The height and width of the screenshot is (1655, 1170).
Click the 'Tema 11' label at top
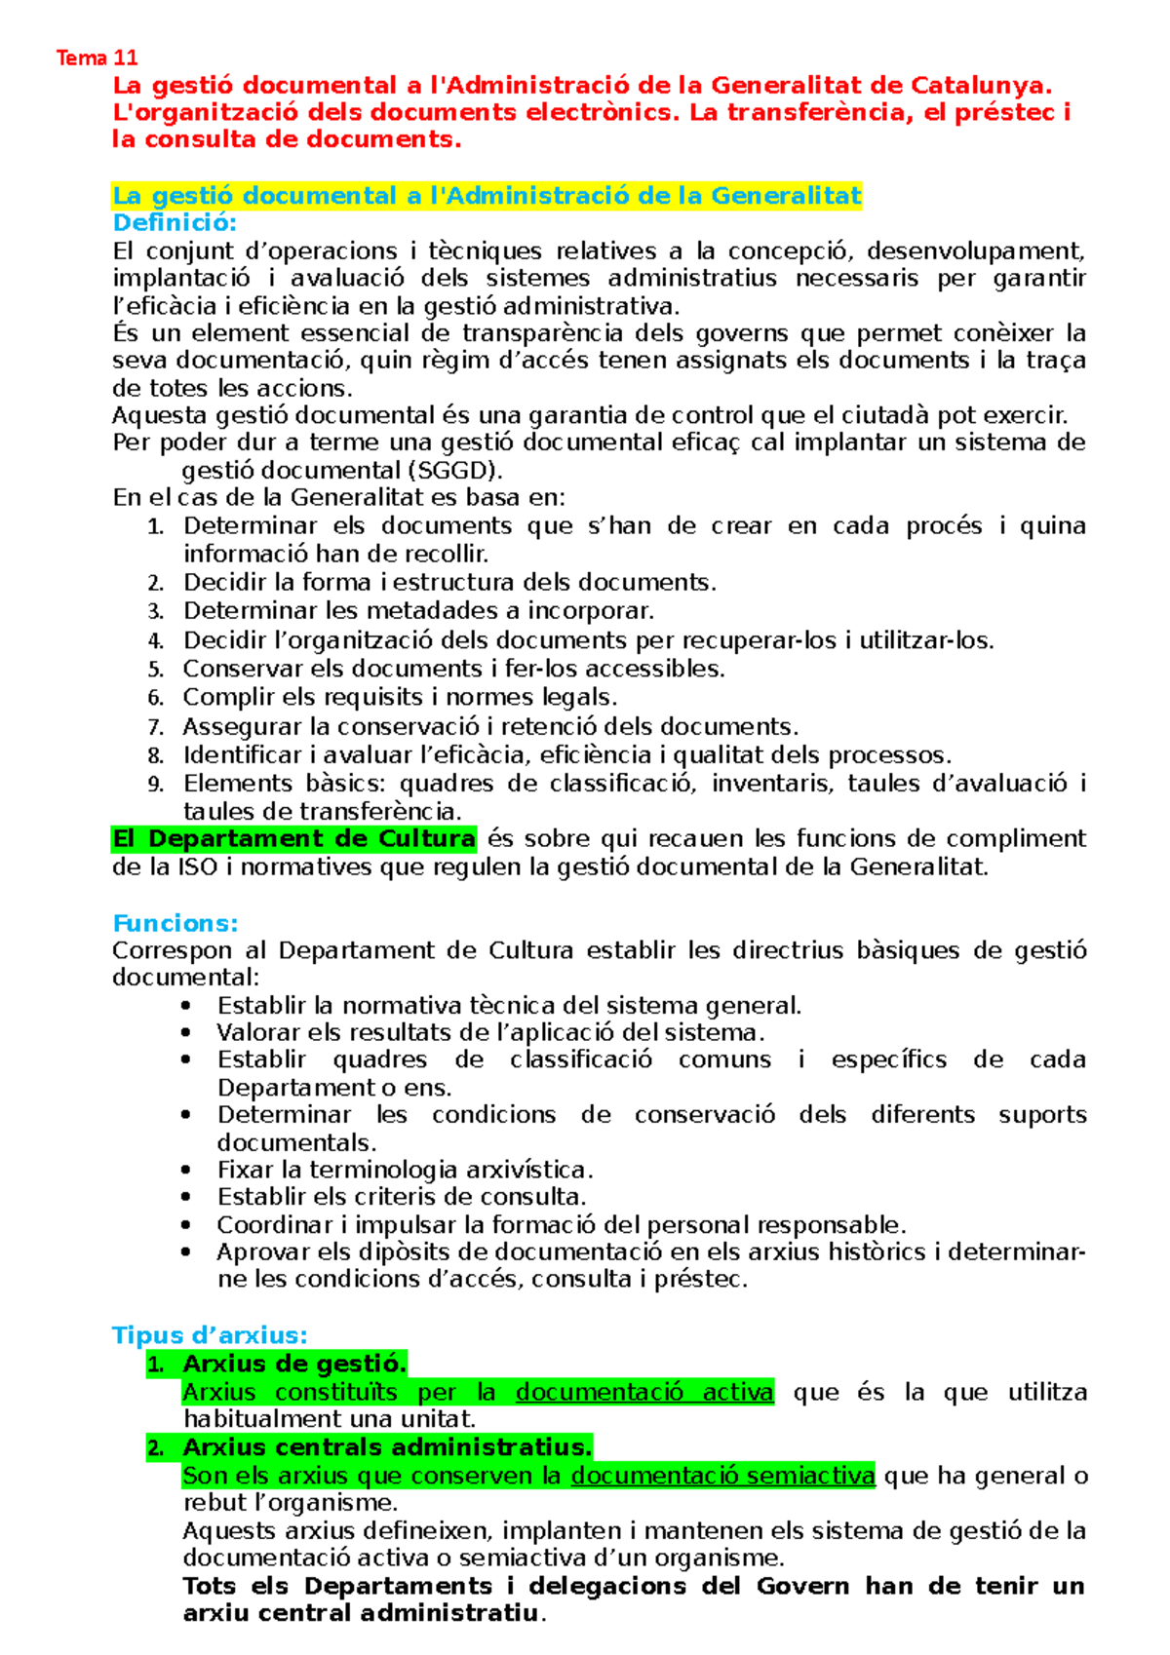(97, 58)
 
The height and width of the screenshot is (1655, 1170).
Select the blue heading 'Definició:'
(175, 223)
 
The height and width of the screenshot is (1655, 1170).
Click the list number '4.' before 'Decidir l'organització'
(156, 641)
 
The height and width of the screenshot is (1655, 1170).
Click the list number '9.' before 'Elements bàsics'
(156, 785)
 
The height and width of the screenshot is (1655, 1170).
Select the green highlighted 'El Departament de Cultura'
(293, 839)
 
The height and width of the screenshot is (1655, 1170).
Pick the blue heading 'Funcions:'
(175, 923)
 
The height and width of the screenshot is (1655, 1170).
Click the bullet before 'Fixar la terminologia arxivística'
(187, 1170)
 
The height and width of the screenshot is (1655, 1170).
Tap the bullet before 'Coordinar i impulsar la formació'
(187, 1225)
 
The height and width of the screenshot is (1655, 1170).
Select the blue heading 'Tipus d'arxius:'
(210, 1335)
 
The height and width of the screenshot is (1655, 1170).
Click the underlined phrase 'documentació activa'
(644, 1392)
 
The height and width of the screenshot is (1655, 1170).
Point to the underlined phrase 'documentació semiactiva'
(722, 1476)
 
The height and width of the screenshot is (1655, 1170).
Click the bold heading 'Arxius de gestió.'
(294, 1364)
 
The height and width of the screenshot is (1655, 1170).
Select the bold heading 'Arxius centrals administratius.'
(387, 1447)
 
